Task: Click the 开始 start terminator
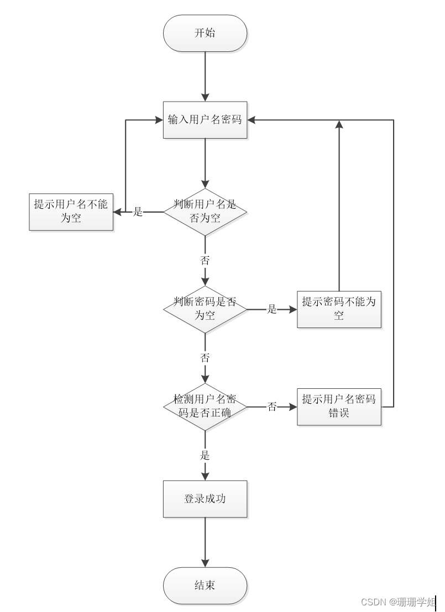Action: coord(205,33)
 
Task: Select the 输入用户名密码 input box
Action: coord(205,119)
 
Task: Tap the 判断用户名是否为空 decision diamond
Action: coord(205,212)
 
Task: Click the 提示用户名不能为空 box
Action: coord(71,212)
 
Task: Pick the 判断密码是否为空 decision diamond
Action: coord(205,309)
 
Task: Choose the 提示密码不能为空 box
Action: coord(339,309)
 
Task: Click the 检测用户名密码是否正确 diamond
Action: coord(205,407)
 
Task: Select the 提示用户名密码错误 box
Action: coord(339,407)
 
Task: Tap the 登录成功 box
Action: coord(205,499)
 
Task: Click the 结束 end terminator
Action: coord(205,585)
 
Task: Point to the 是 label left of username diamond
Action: coord(138,212)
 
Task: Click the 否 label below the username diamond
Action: coord(205,260)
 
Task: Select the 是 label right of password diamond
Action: coord(272,309)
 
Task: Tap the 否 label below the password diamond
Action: coord(205,358)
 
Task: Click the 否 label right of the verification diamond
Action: coord(272,407)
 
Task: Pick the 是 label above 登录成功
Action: coord(205,456)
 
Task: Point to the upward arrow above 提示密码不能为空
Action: coord(339,204)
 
